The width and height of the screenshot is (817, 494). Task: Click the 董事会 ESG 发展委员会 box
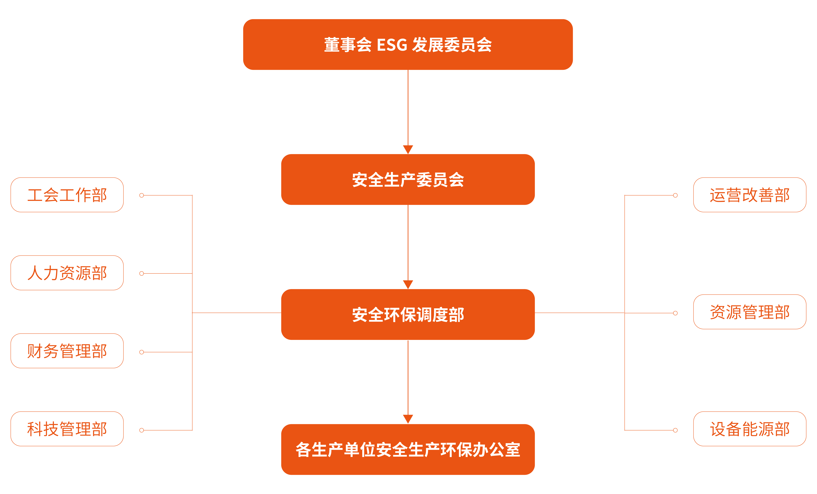coord(408,44)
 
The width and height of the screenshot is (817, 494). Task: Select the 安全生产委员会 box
coord(408,179)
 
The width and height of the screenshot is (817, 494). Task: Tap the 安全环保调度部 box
coord(408,314)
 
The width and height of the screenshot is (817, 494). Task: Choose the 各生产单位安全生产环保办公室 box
coord(408,449)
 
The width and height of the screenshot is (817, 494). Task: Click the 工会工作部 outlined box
coord(67,195)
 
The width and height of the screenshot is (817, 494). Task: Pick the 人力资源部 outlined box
coord(67,273)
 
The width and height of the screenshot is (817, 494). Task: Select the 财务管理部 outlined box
coord(67,351)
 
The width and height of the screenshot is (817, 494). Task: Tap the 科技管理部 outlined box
coord(67,429)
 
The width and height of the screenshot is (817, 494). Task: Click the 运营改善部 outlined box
coord(750,195)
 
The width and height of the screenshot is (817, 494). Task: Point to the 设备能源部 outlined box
coord(750,429)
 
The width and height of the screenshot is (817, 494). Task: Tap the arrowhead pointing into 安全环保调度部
coord(408,284)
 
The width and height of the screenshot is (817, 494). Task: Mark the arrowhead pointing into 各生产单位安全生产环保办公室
coord(408,419)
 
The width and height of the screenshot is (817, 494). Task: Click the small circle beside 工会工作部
coord(142,195)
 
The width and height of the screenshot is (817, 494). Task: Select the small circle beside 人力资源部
coord(142,273)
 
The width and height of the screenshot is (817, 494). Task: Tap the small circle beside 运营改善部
coord(675,195)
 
